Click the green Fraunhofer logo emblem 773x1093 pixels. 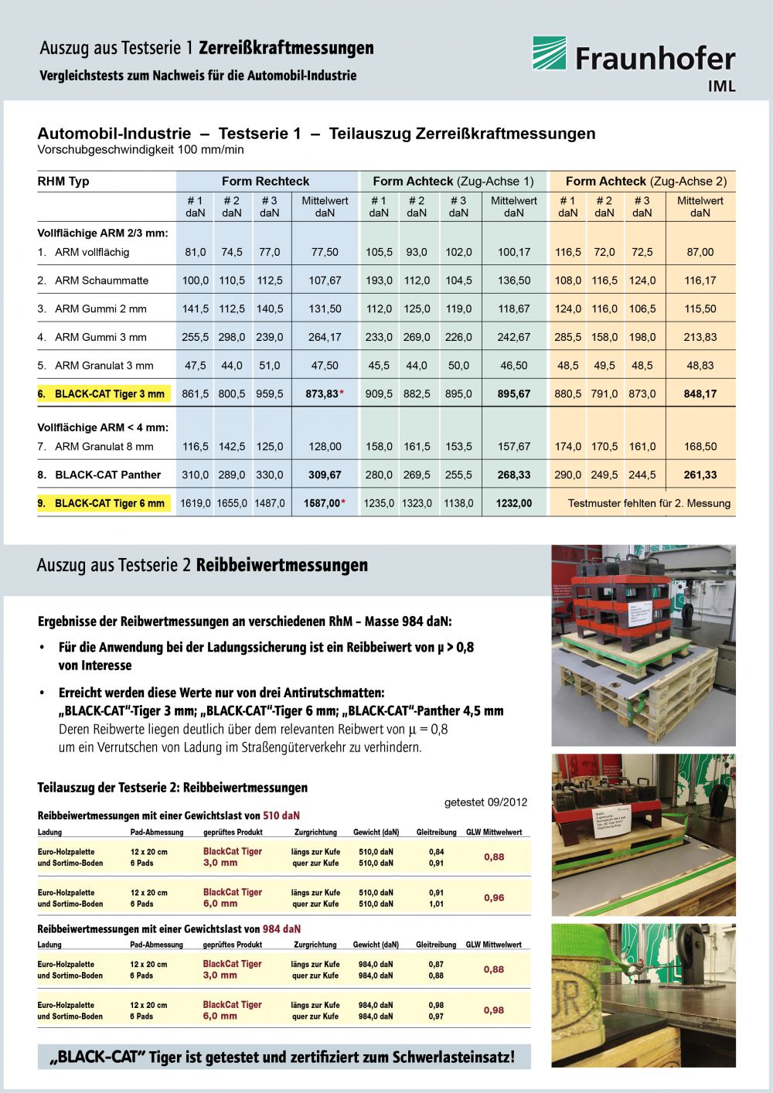point(549,53)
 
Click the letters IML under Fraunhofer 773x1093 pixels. point(721,87)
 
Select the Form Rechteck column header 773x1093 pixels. point(265,182)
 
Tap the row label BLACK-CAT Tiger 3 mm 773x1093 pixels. point(109,394)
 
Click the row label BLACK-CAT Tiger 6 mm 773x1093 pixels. point(109,503)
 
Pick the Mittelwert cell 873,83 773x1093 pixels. point(322,394)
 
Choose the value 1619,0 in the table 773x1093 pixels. point(196,503)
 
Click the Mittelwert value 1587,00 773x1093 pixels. point(322,503)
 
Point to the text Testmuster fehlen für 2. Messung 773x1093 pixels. point(649,503)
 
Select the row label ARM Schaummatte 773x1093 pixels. point(101,281)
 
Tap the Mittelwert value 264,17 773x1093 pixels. point(325,337)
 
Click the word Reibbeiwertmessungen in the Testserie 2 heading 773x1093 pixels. point(282,566)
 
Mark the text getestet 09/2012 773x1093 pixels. point(485,802)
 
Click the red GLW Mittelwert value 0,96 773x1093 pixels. point(494,898)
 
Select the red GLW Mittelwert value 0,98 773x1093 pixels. point(494,1010)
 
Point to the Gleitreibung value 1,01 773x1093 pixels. point(437,904)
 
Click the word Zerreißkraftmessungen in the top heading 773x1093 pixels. point(286,49)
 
